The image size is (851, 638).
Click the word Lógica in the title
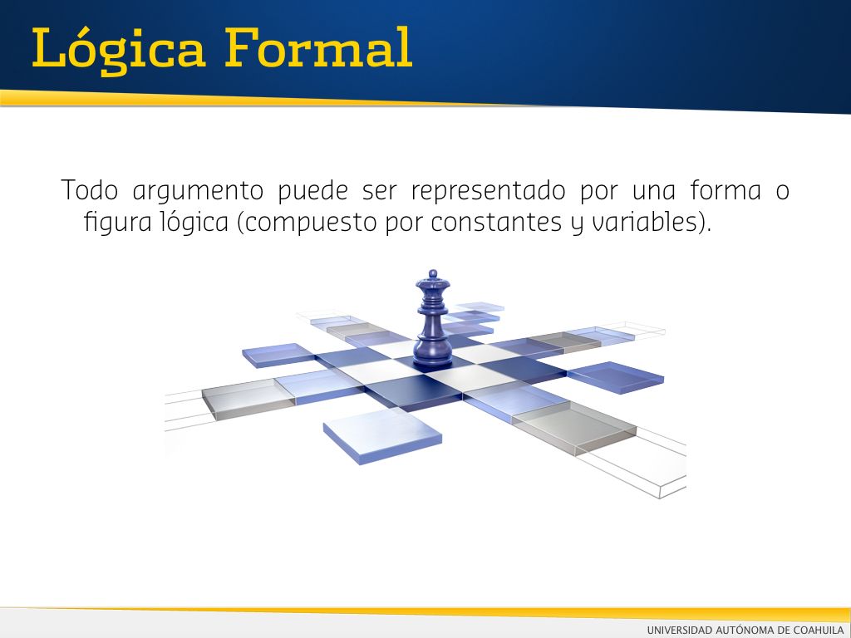click(119, 49)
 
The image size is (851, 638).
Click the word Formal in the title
click(318, 47)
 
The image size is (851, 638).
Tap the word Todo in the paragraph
click(90, 190)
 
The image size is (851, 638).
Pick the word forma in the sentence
click(726, 190)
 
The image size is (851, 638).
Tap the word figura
click(118, 223)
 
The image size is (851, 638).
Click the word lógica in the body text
click(194, 223)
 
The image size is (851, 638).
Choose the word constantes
click(496, 223)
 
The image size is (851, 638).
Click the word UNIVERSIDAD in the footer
click(680, 630)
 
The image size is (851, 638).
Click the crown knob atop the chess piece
click(432, 273)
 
